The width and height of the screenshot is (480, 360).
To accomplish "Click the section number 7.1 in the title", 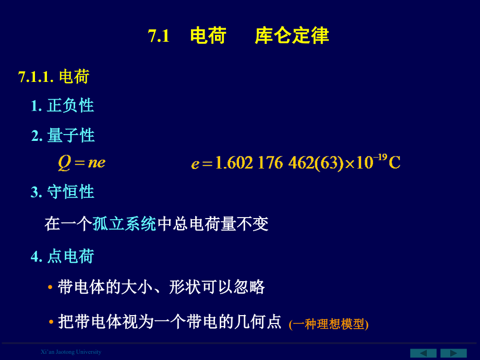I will coord(159,36).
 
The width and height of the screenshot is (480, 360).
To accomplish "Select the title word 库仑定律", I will coord(292,36).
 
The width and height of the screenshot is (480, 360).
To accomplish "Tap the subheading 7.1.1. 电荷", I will coord(54,77).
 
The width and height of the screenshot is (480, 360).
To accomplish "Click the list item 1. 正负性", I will coord(63,106).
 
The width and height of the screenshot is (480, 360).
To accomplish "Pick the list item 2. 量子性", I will coord(63,136).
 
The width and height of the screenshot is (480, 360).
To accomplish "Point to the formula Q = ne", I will coord(81,162).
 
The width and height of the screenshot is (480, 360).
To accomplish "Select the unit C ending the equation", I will coord(395,163).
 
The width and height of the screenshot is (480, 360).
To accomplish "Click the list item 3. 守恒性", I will coord(63,192).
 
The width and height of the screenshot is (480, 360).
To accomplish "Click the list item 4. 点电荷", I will coord(63,256).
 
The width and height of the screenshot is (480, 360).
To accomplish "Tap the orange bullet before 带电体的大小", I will coord(51,287).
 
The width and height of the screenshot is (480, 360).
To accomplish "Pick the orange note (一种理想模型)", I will coord(329,324).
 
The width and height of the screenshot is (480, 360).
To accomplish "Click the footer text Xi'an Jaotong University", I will coord(71,352).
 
